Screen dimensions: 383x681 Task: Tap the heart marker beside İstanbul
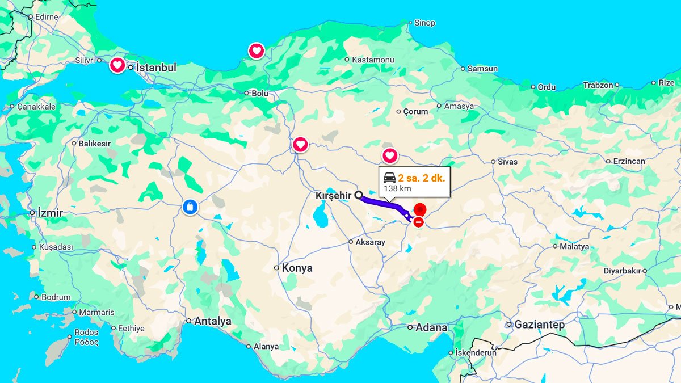pyautogui.click(x=117, y=66)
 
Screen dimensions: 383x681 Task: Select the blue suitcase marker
pyautogui.click(x=190, y=207)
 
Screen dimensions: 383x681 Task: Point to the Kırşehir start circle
pyautogui.click(x=359, y=195)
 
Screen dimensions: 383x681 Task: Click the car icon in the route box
pyautogui.click(x=389, y=177)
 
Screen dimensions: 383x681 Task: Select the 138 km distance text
pyautogui.click(x=397, y=188)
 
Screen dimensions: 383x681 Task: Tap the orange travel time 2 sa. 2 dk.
pyautogui.click(x=422, y=177)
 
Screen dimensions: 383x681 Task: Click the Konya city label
pyautogui.click(x=297, y=268)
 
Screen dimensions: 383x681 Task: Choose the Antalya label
pyautogui.click(x=212, y=321)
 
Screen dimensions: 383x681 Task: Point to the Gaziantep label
pyautogui.click(x=539, y=325)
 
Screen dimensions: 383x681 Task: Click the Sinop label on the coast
pyautogui.click(x=424, y=23)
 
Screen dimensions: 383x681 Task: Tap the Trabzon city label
pyautogui.click(x=598, y=85)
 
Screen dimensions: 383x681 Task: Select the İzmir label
pyautogui.click(x=50, y=213)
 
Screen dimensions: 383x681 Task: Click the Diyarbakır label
pyautogui.click(x=622, y=271)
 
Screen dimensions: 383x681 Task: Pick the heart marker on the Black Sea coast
pyautogui.click(x=257, y=51)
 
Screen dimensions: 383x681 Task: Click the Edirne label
pyautogui.click(x=47, y=17)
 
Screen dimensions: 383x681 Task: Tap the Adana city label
pyautogui.click(x=431, y=327)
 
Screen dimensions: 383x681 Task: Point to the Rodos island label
pyautogui.click(x=86, y=333)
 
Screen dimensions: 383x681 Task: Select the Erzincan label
pyautogui.click(x=629, y=161)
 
